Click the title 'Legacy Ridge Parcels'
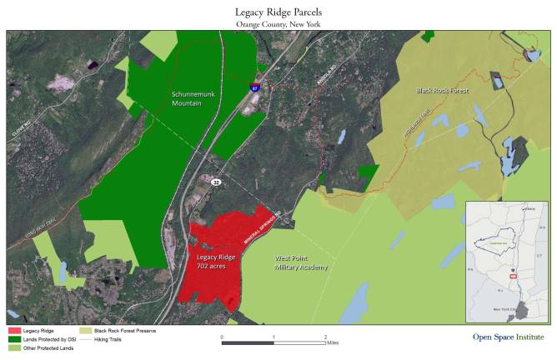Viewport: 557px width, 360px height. coord(278,12)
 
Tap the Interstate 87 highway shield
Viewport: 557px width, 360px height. coord(255,86)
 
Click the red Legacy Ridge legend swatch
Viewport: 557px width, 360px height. coord(13,331)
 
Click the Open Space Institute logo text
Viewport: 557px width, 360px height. coord(496,337)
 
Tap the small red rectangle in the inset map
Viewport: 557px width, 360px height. coord(513,275)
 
